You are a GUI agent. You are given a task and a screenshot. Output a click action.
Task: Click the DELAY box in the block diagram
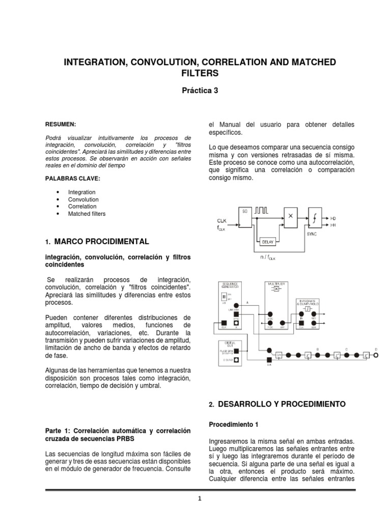point(267,242)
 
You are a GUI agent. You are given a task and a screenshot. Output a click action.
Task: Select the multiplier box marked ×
point(290,216)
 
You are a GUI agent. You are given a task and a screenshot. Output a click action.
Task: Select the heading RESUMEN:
point(61,124)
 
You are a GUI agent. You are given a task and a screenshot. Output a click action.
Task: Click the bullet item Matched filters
point(87,214)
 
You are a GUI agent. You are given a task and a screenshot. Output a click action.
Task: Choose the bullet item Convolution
point(83,199)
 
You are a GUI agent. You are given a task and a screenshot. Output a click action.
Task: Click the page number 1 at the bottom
point(200,500)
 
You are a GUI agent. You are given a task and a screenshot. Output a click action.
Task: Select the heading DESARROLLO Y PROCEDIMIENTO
point(282,404)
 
